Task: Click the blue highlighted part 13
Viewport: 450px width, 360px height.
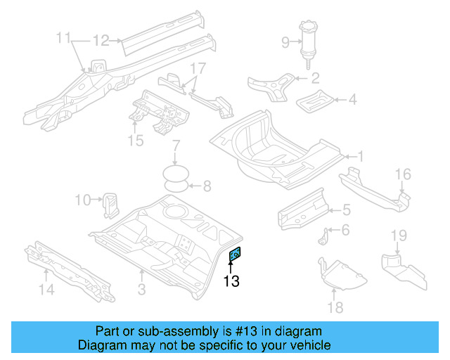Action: click(236, 255)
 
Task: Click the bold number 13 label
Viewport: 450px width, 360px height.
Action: click(231, 282)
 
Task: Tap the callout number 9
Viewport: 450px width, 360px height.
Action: click(285, 42)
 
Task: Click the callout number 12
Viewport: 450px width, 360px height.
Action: click(102, 40)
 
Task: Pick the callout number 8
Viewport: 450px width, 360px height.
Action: click(207, 186)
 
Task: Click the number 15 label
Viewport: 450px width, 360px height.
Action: click(135, 141)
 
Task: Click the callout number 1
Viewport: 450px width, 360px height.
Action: click(359, 156)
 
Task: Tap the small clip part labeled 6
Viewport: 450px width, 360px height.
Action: click(325, 237)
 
